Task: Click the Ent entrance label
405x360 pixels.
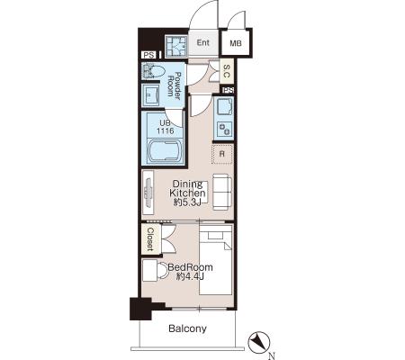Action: click(x=202, y=42)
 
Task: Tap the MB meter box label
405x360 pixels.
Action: click(x=236, y=43)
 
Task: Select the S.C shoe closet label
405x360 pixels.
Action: click(x=227, y=71)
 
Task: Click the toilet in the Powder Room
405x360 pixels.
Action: click(x=153, y=71)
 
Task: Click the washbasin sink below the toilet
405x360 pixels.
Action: click(x=151, y=94)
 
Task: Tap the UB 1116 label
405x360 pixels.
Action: click(x=166, y=127)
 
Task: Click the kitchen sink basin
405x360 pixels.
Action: click(x=224, y=107)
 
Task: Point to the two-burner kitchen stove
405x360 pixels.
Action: click(x=224, y=130)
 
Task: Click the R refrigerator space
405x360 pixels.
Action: click(x=222, y=154)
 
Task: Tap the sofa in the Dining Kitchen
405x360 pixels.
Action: click(x=222, y=192)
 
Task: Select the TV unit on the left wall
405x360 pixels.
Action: click(x=148, y=193)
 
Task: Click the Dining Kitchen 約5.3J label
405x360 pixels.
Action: click(x=187, y=193)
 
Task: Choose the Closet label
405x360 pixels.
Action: click(x=150, y=239)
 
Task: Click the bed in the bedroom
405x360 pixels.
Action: click(x=216, y=260)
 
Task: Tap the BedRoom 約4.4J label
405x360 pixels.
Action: click(x=190, y=272)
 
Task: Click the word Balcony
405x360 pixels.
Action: click(x=187, y=328)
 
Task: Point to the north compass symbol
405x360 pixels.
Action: click(x=259, y=342)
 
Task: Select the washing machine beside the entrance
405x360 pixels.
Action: click(x=175, y=46)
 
